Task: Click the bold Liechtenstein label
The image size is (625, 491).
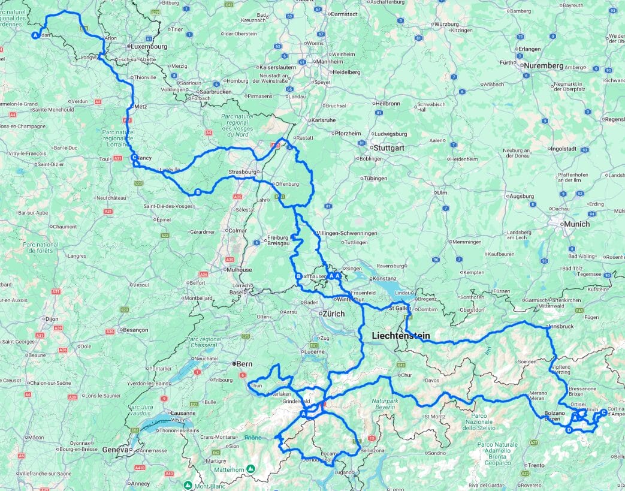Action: click(x=400, y=336)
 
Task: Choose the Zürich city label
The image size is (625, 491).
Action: click(x=333, y=314)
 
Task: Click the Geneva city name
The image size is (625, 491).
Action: click(x=115, y=449)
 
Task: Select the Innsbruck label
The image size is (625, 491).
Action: click(x=562, y=326)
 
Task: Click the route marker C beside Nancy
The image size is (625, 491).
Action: click(x=134, y=158)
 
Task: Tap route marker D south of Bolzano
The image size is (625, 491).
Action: click(x=568, y=430)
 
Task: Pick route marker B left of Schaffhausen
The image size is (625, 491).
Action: click(x=298, y=276)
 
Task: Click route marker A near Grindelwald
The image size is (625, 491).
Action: click(x=303, y=414)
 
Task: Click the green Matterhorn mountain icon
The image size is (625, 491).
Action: click(x=252, y=468)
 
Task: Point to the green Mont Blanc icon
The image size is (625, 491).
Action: click(x=188, y=484)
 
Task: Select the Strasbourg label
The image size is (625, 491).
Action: click(x=242, y=172)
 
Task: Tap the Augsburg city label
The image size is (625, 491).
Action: click(x=521, y=196)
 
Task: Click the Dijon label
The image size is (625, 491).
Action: click(x=52, y=319)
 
